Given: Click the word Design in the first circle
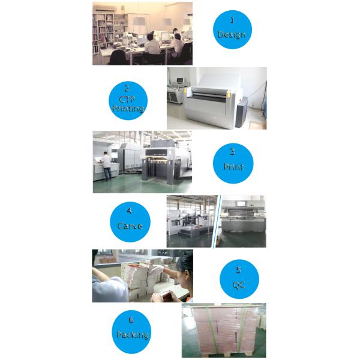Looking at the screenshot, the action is (232, 35).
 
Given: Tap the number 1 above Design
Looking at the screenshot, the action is (232, 20).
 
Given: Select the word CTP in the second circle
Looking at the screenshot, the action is (127, 99).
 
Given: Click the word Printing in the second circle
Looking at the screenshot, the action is (128, 109).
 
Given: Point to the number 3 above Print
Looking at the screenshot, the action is (232, 152).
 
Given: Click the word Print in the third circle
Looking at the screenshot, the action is (233, 166).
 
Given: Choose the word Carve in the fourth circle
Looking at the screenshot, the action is (130, 226).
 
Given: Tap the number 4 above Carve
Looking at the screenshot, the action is (129, 211).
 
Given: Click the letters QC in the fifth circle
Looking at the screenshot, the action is (239, 285).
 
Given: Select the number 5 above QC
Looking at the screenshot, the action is (239, 270).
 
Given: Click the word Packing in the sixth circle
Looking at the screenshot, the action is (133, 335).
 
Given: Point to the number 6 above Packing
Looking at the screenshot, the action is (131, 320).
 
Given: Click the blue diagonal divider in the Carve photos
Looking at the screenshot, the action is (217, 221).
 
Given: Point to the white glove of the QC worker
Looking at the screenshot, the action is (157, 270).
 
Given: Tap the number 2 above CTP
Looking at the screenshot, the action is (127, 88).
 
